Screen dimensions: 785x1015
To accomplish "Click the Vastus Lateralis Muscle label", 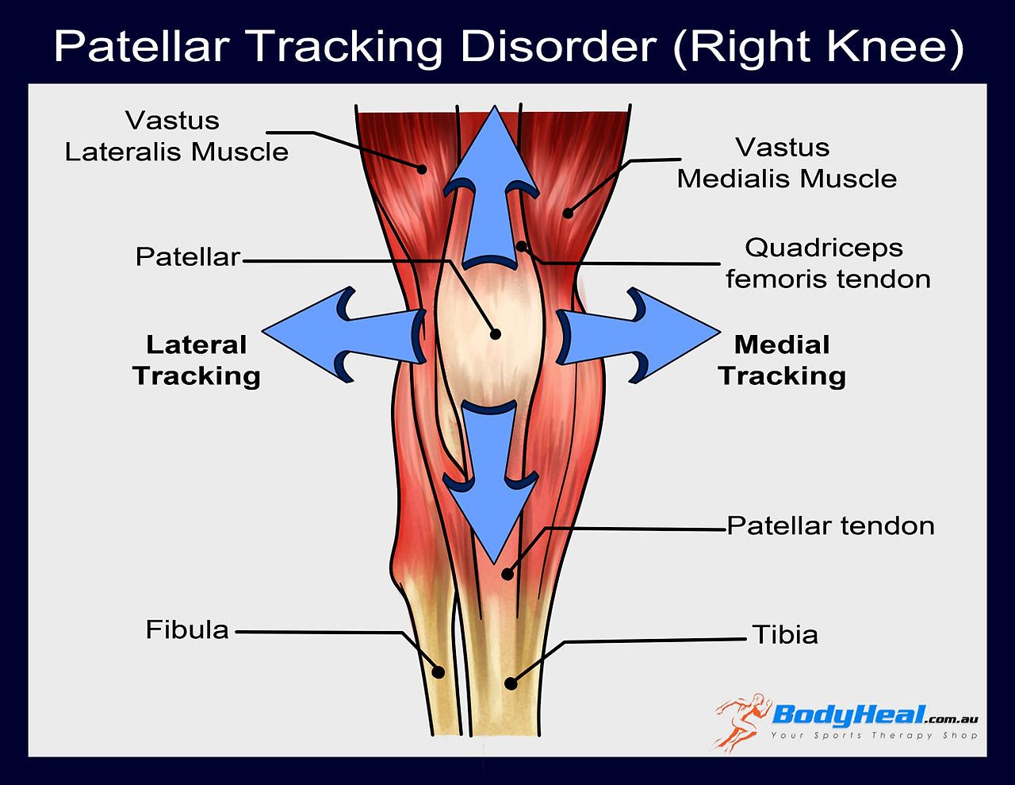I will click(x=176, y=137).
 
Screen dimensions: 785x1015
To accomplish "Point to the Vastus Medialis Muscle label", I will click(x=786, y=163).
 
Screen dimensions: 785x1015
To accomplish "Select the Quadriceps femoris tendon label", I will click(x=827, y=264).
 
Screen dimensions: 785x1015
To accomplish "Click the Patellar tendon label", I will click(x=830, y=525).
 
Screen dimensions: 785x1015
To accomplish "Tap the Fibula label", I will click(x=187, y=629).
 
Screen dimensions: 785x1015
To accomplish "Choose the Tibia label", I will click(x=784, y=635).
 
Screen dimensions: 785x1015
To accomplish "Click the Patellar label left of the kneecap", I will click(x=187, y=256).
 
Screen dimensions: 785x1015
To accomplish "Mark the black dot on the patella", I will click(x=496, y=334).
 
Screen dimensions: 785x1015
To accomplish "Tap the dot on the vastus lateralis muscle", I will click(x=423, y=168).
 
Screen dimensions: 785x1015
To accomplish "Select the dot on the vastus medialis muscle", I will click(x=568, y=212).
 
